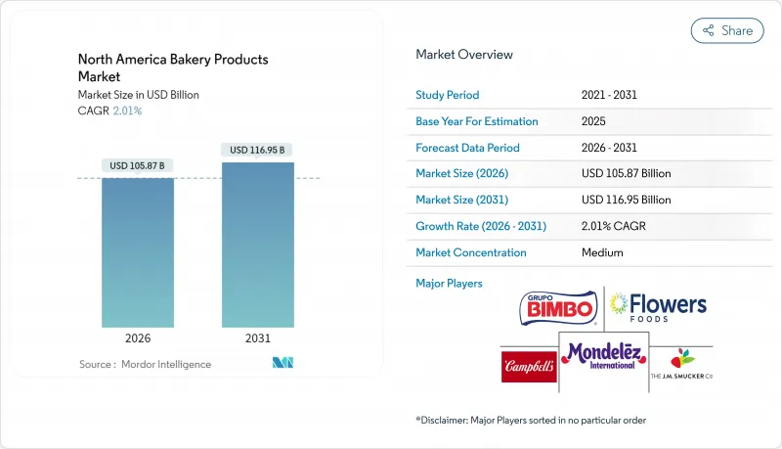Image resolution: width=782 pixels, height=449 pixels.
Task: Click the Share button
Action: pos(727,30)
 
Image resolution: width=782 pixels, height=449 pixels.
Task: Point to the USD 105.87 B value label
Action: pos(138,164)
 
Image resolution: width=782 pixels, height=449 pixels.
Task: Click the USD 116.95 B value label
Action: pos(258,150)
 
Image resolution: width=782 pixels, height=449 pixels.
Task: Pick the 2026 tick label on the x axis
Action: pos(138,338)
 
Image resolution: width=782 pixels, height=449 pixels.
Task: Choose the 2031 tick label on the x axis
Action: pos(258,338)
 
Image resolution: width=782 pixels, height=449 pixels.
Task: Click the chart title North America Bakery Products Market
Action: pos(172,67)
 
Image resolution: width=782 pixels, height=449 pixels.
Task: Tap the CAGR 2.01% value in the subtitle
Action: pos(126,111)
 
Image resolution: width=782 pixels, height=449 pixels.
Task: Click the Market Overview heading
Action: pos(464,55)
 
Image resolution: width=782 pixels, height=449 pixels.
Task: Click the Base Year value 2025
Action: pos(594,121)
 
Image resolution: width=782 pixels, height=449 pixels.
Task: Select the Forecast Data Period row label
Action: pos(467,148)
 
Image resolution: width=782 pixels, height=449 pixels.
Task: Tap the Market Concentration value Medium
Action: pos(602,252)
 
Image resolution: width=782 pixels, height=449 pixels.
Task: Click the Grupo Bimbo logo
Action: pos(556,307)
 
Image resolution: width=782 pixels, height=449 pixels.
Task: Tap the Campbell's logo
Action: pos(529,367)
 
